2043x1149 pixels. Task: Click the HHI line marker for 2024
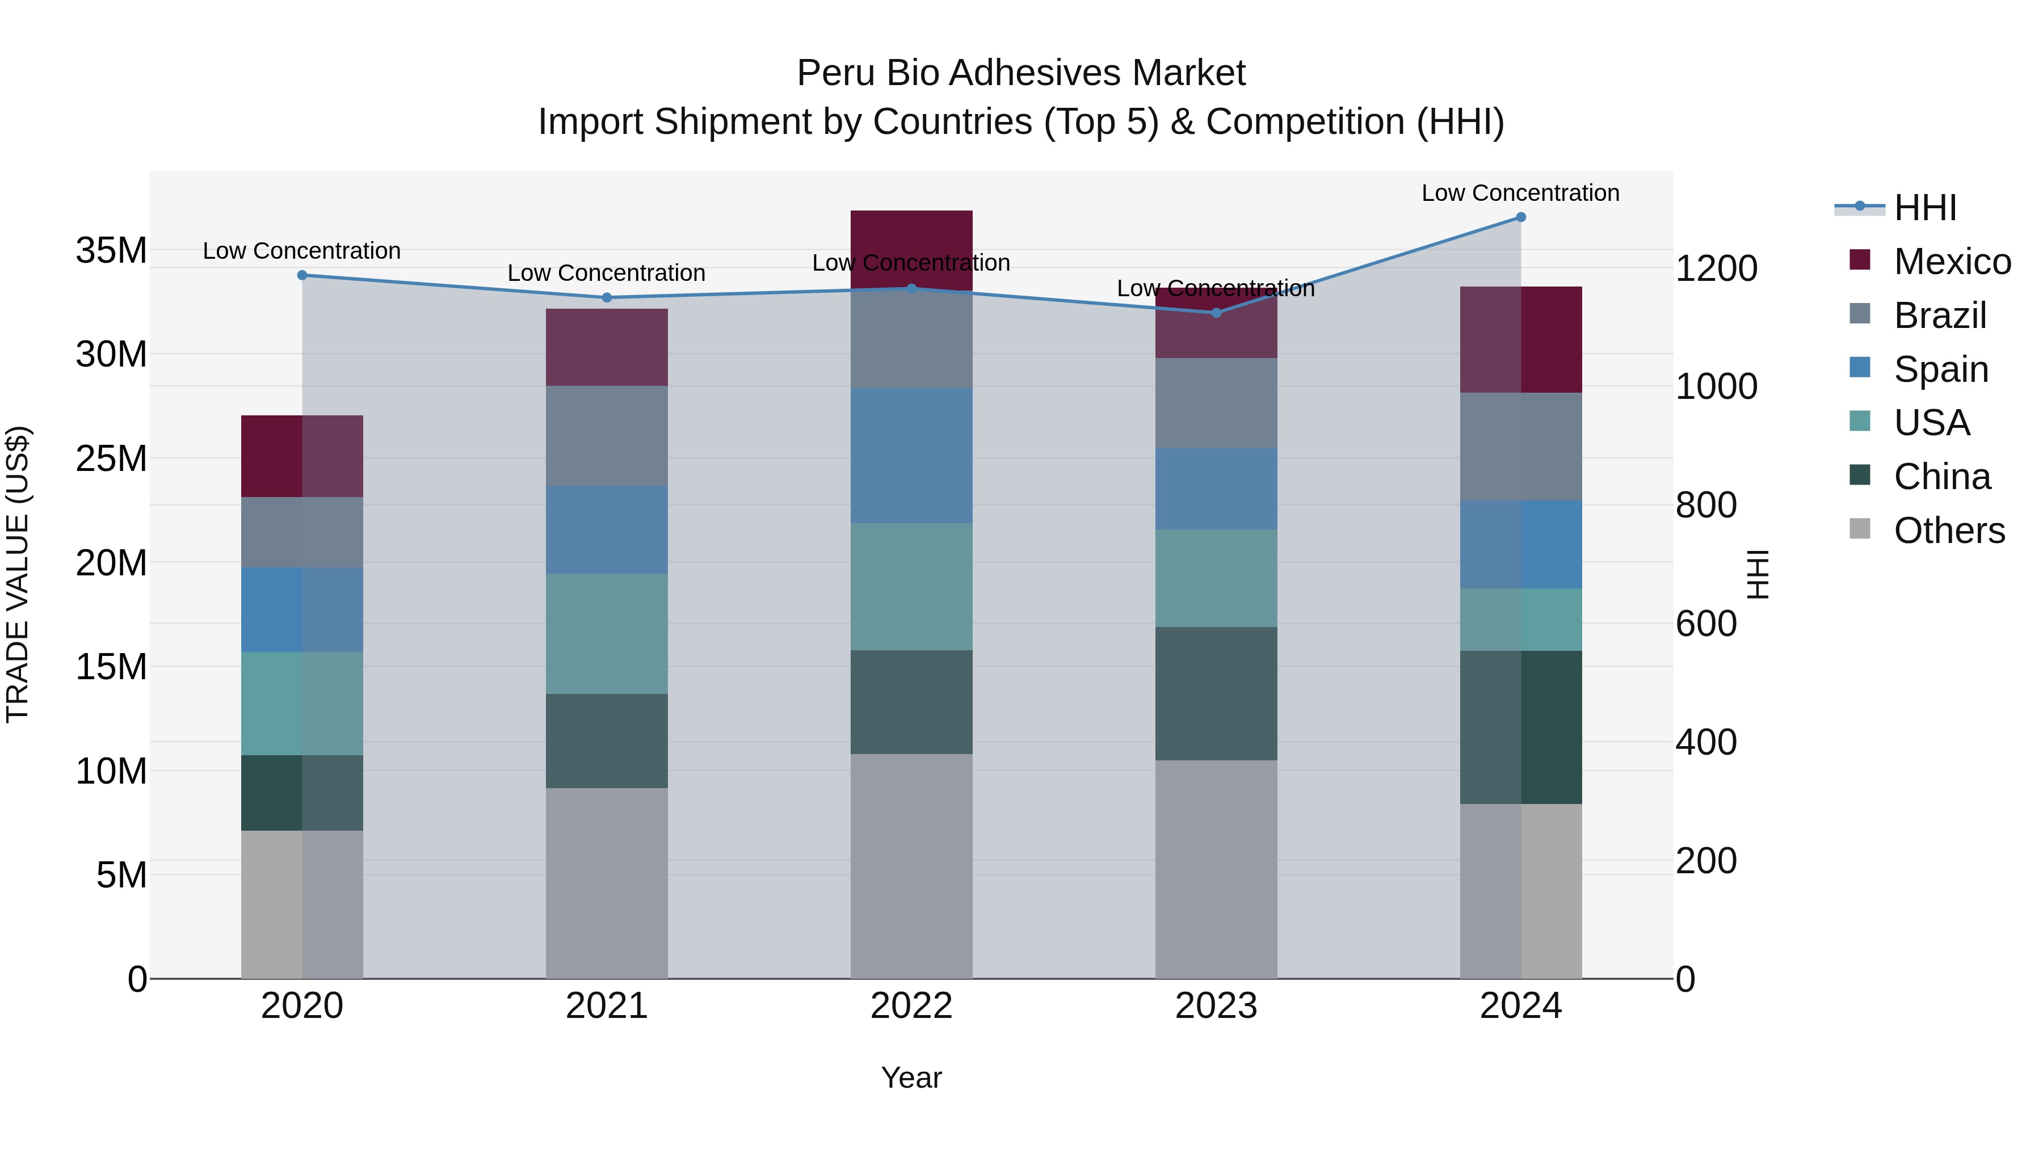coord(1520,217)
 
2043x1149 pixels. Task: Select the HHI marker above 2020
coord(302,275)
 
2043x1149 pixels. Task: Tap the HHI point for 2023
coord(1216,313)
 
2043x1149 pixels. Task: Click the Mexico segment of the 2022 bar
coord(911,246)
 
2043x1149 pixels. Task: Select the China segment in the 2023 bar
coord(1216,694)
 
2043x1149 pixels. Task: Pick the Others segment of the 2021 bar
coord(607,882)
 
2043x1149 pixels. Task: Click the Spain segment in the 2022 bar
coord(911,456)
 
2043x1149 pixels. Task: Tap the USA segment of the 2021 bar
coord(607,634)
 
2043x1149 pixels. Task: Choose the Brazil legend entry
coord(1939,315)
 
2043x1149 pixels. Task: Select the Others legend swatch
coord(1859,529)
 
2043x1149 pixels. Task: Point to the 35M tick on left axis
coord(111,251)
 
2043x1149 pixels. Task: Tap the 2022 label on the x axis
coord(911,1006)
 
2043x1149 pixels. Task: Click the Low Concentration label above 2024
coord(1520,193)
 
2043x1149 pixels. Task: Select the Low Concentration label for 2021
coord(606,273)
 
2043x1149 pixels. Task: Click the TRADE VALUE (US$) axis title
coord(18,574)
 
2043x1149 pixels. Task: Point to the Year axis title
coord(911,1078)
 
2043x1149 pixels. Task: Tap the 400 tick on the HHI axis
coord(1705,742)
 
